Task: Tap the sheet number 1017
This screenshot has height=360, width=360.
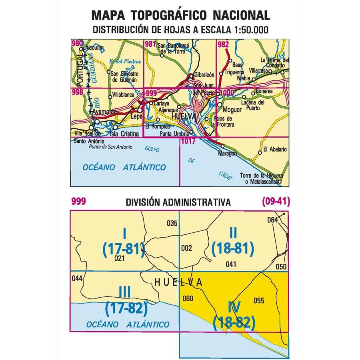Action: pyautogui.click(x=188, y=141)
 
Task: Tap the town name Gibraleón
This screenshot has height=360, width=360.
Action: pyautogui.click(x=205, y=75)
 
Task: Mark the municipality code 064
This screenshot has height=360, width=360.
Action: pyautogui.click(x=272, y=220)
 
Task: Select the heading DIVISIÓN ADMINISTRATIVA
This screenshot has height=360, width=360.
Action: pyautogui.click(x=178, y=202)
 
